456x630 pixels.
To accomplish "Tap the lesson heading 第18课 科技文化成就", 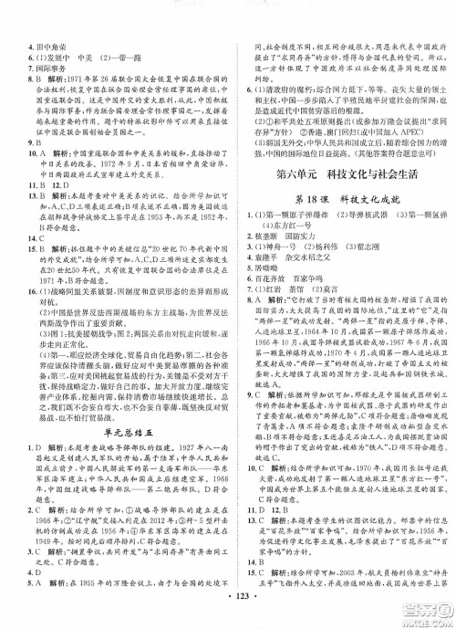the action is [x=342, y=201].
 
